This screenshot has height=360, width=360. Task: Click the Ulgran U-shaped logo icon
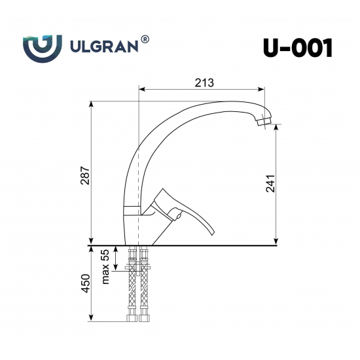42,47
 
